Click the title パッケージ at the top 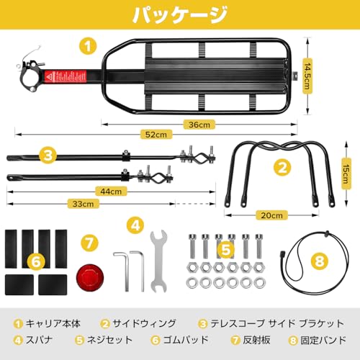(180, 16)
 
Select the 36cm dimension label (210, 124)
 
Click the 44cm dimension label (111, 192)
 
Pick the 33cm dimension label (85, 204)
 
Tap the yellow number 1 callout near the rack (88, 48)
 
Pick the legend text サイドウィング (142, 323)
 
